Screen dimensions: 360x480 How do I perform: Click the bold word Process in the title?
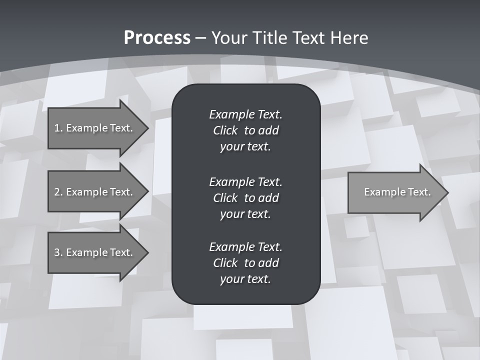(157, 38)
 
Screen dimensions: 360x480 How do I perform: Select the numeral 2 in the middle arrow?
(57, 192)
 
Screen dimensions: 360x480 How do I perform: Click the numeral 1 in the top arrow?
(57, 128)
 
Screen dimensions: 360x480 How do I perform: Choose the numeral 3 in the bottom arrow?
(57, 252)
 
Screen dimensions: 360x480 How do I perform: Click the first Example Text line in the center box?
(245, 114)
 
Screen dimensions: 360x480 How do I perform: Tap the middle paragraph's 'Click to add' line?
(245, 198)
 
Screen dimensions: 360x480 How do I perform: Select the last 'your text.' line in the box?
(245, 279)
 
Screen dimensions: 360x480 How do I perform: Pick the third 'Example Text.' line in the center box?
(245, 247)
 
